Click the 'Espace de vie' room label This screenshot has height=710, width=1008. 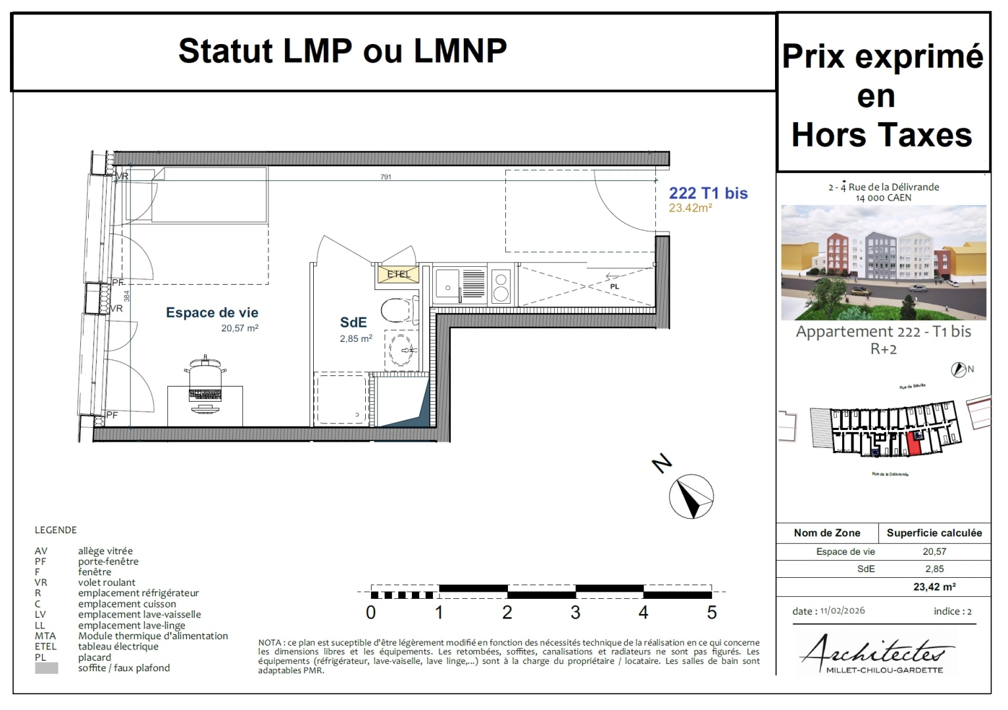point(212,313)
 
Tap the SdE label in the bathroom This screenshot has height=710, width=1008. point(353,323)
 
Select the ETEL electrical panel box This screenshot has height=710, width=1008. point(398,273)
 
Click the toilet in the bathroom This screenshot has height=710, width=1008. point(397,310)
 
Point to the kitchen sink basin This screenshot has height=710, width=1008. point(447,283)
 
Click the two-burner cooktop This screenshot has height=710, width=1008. point(501,286)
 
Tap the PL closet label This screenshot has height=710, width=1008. point(615,287)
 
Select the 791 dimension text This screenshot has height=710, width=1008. point(386,177)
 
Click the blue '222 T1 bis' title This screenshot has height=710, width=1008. point(708,193)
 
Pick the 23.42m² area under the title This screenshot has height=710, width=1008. point(690,208)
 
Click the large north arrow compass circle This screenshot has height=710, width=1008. point(691,496)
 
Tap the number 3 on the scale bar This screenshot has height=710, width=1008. point(575,613)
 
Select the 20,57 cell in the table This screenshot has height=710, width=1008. point(934,552)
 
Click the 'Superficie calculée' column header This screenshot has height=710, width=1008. point(934,533)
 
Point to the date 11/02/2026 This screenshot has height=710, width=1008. point(842,611)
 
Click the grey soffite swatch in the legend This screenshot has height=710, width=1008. point(47,668)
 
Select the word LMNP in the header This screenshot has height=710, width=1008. point(460,51)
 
